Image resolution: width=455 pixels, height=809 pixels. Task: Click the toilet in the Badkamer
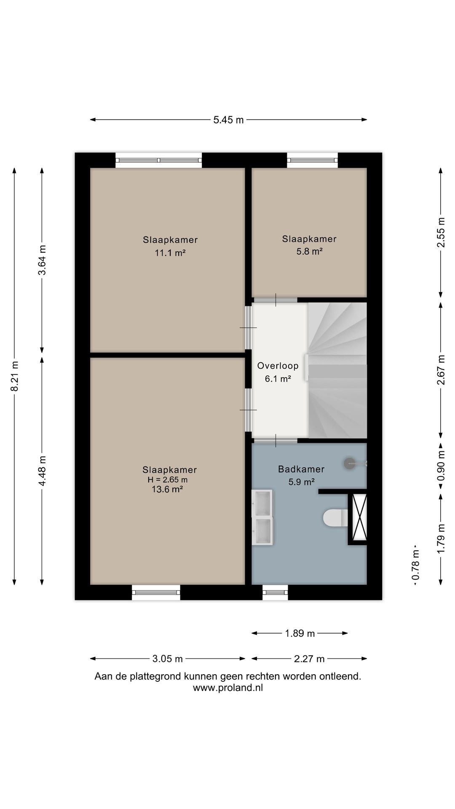(x=335, y=518)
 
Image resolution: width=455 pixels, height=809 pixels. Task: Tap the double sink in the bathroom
(x=262, y=517)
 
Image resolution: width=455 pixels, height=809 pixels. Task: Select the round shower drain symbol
(x=350, y=463)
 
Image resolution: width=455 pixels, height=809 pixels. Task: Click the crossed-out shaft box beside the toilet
(x=359, y=517)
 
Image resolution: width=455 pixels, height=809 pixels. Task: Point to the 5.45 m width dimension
(x=228, y=120)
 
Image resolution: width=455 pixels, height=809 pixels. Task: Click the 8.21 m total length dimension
(x=14, y=376)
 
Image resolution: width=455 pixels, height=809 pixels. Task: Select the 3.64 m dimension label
(x=42, y=260)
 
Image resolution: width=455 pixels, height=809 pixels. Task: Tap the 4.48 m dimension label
(x=42, y=471)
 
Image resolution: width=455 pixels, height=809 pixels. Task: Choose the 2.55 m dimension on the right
(x=441, y=233)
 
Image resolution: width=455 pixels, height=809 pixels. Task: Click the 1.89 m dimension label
(x=300, y=633)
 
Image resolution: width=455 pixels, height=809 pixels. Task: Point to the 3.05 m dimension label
(x=167, y=659)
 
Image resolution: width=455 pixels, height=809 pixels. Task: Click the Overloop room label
(x=278, y=366)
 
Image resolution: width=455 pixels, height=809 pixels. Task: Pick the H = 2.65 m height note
(x=167, y=480)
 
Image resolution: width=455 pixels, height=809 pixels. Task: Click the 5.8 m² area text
(x=309, y=251)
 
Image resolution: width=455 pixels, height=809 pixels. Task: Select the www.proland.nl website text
(x=228, y=688)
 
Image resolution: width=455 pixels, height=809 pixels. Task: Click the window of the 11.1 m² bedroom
(x=158, y=160)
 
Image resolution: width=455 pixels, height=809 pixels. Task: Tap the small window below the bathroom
(x=275, y=592)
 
